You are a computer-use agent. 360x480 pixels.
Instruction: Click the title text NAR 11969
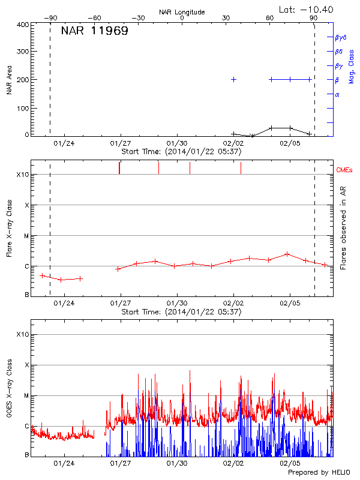click(94, 31)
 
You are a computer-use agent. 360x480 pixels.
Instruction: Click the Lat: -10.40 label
click(307, 9)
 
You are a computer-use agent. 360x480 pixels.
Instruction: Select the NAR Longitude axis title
click(182, 11)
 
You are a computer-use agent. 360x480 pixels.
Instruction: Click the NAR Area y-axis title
click(9, 80)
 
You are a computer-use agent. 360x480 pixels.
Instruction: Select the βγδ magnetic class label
click(340, 38)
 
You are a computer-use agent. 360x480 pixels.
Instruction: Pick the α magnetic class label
click(337, 94)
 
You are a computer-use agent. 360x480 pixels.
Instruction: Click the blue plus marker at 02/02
click(233, 79)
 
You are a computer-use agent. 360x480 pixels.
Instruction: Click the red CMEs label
click(345, 170)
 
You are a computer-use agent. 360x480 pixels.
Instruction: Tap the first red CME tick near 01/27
click(119, 168)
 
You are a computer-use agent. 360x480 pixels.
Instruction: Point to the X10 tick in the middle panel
click(23, 175)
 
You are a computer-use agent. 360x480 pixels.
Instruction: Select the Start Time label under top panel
click(181, 152)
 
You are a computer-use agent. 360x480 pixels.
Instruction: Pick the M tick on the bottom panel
click(26, 395)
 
